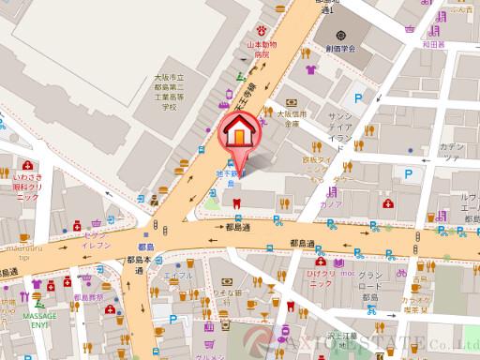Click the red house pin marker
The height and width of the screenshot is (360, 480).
pos(238,137)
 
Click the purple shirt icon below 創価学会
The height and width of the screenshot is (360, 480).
pos(308,69)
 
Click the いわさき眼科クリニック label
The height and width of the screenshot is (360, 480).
pos(26,186)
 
